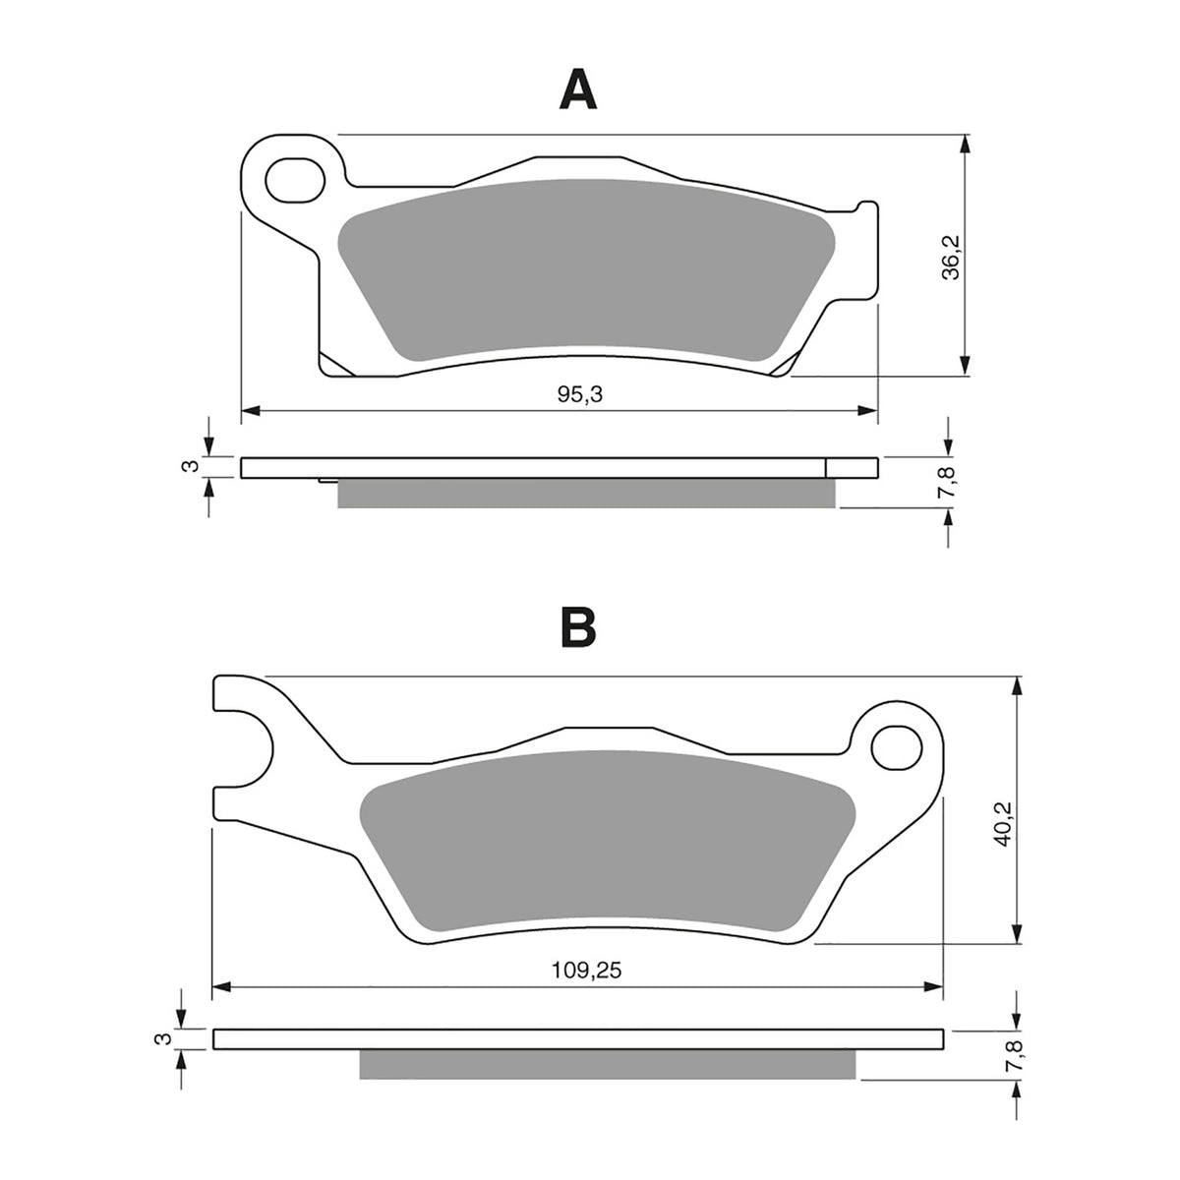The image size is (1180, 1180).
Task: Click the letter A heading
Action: pyautogui.click(x=578, y=90)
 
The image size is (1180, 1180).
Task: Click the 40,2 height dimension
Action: pyautogui.click(x=1002, y=815)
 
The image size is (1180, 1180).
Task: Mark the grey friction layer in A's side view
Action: pyautogui.click(x=586, y=493)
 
